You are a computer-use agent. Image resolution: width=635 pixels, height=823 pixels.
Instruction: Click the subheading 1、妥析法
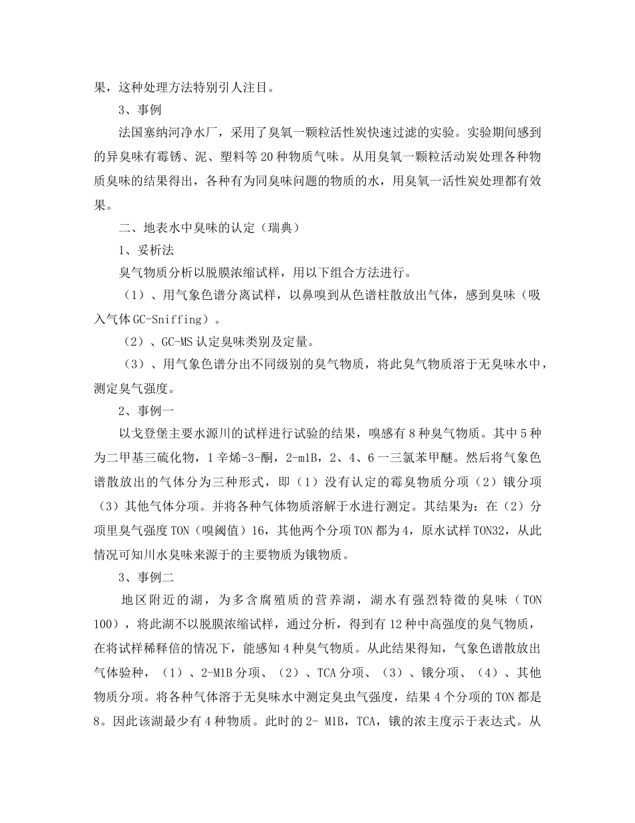pos(146,250)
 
